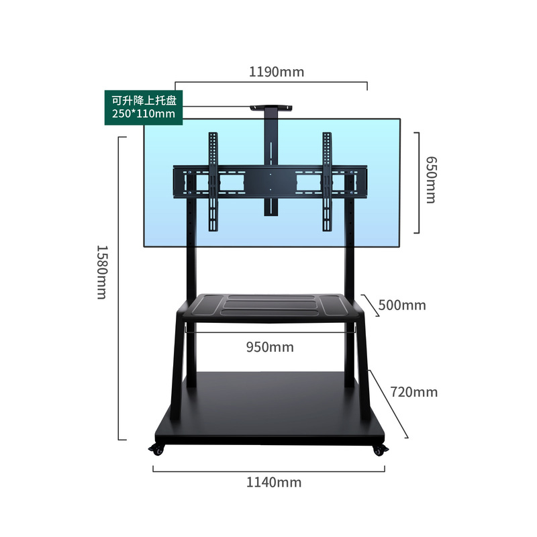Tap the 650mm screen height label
pyautogui.click(x=430, y=180)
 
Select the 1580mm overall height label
pyautogui.click(x=101, y=271)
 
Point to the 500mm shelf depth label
pyautogui.click(x=402, y=305)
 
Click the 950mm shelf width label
pyautogui.click(x=269, y=347)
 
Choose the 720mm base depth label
pyautogui.click(x=413, y=391)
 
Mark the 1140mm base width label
pyautogui.click(x=273, y=482)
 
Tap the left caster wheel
pyautogui.click(x=158, y=450)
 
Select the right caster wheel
pyautogui.click(x=379, y=450)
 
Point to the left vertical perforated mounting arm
pyautogui.click(x=213, y=181)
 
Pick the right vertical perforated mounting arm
pyautogui.click(x=327, y=181)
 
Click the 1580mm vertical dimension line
pyautogui.click(x=119, y=289)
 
